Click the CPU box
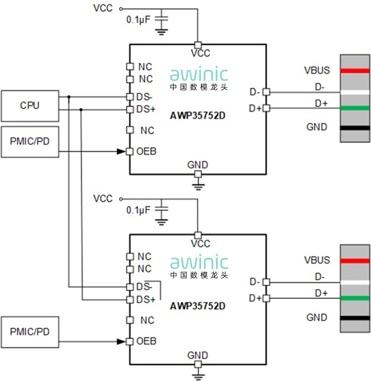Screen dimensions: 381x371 (x=30, y=106)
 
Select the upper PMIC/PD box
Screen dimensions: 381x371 (x=30, y=142)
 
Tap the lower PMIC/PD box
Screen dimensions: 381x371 (x=30, y=332)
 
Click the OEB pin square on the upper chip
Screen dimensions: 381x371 (x=130, y=151)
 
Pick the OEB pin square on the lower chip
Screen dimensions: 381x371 (x=130, y=342)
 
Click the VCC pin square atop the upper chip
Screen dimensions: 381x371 (x=198, y=45)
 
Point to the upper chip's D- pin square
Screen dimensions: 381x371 (x=266, y=92)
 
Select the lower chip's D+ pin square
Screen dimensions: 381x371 (x=266, y=298)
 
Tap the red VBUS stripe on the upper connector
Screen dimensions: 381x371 (x=355, y=71)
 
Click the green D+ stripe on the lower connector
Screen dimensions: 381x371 (x=355, y=298)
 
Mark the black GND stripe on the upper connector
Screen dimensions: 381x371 (x=355, y=128)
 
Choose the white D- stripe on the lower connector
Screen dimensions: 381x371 (x=355, y=283)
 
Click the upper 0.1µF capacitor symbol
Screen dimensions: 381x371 (x=161, y=19)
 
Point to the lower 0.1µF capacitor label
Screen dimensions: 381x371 (x=138, y=210)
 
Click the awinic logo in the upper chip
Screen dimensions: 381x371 (x=199, y=75)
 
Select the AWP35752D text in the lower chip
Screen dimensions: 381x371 (x=198, y=306)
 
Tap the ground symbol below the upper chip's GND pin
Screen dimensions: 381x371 (x=198, y=186)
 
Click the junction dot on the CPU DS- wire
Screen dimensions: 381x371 (x=69, y=97)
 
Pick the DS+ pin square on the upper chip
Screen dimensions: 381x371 (x=130, y=109)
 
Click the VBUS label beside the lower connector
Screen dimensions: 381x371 (x=317, y=260)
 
